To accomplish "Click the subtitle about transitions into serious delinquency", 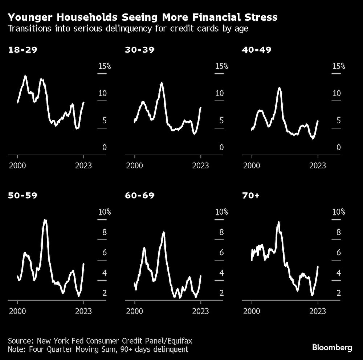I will (128, 29).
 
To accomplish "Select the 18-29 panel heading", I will (23, 50).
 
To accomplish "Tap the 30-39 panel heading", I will (139, 50).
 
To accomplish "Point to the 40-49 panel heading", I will (257, 50).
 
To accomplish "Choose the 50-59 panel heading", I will (23, 196).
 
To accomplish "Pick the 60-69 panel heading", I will (139, 196).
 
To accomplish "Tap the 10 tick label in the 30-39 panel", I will (220, 93).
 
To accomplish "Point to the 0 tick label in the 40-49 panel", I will (338, 147).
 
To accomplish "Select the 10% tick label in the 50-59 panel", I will (104, 212).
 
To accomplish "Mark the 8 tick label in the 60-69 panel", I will (221, 232).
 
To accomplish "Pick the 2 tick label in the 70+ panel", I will (339, 293).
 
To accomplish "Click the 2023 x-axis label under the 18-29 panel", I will (83, 165).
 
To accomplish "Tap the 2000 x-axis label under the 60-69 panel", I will (135, 311).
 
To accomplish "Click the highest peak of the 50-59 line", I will (45, 220).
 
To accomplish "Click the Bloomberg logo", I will (332, 348).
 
